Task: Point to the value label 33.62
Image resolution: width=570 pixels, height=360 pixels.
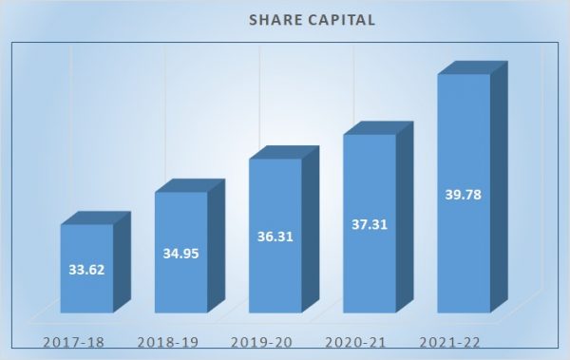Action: point(86,269)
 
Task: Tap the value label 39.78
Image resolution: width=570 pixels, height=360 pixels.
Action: point(463,195)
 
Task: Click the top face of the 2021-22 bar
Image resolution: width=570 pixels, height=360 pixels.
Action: point(471,67)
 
